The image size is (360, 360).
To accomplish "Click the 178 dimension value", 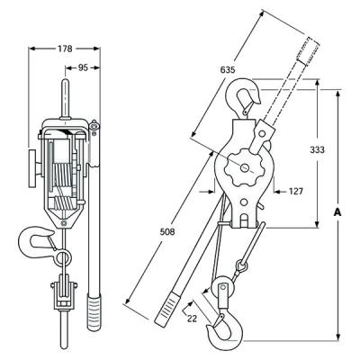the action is pyautogui.click(x=65, y=49).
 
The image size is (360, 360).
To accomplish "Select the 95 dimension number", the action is pyautogui.click(x=83, y=68).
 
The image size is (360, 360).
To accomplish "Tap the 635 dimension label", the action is pyautogui.click(x=228, y=70).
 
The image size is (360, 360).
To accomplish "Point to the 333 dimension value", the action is pyautogui.click(x=318, y=149).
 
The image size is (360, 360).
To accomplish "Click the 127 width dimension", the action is pyautogui.click(x=295, y=191).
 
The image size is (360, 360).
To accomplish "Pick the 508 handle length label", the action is pyautogui.click(x=167, y=231).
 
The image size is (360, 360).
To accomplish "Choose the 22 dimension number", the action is pyautogui.click(x=192, y=319).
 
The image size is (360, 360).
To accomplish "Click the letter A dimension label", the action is pyautogui.click(x=337, y=212).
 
